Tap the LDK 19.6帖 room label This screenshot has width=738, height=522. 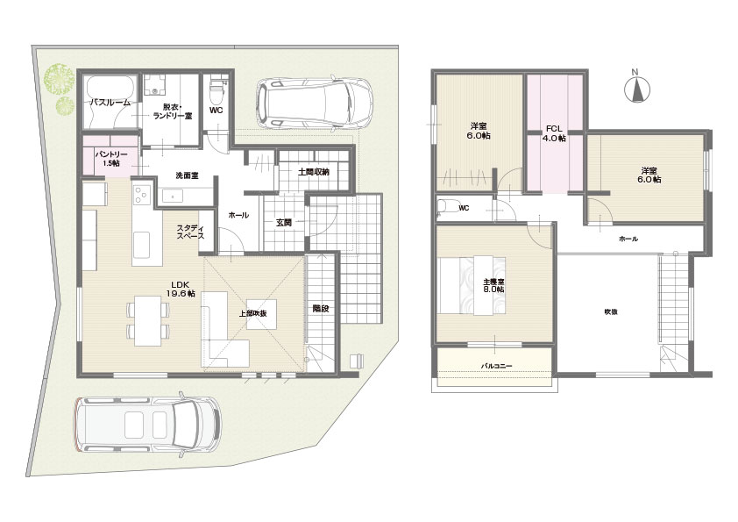tap(181, 289)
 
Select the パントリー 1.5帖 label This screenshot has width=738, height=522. tap(111, 159)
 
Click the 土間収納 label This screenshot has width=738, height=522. tap(314, 172)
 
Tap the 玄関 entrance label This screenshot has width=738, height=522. tap(283, 222)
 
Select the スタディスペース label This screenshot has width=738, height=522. tap(190, 232)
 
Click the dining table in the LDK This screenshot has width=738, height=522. tap(148, 321)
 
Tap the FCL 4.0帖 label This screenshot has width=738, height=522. tap(554, 133)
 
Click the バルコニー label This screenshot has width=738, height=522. tap(496, 366)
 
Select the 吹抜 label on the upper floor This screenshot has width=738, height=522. tap(611, 311)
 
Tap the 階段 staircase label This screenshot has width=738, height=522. tap(321, 309)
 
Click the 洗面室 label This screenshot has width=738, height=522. tap(187, 175)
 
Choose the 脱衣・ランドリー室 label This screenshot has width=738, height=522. tap(173, 111)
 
